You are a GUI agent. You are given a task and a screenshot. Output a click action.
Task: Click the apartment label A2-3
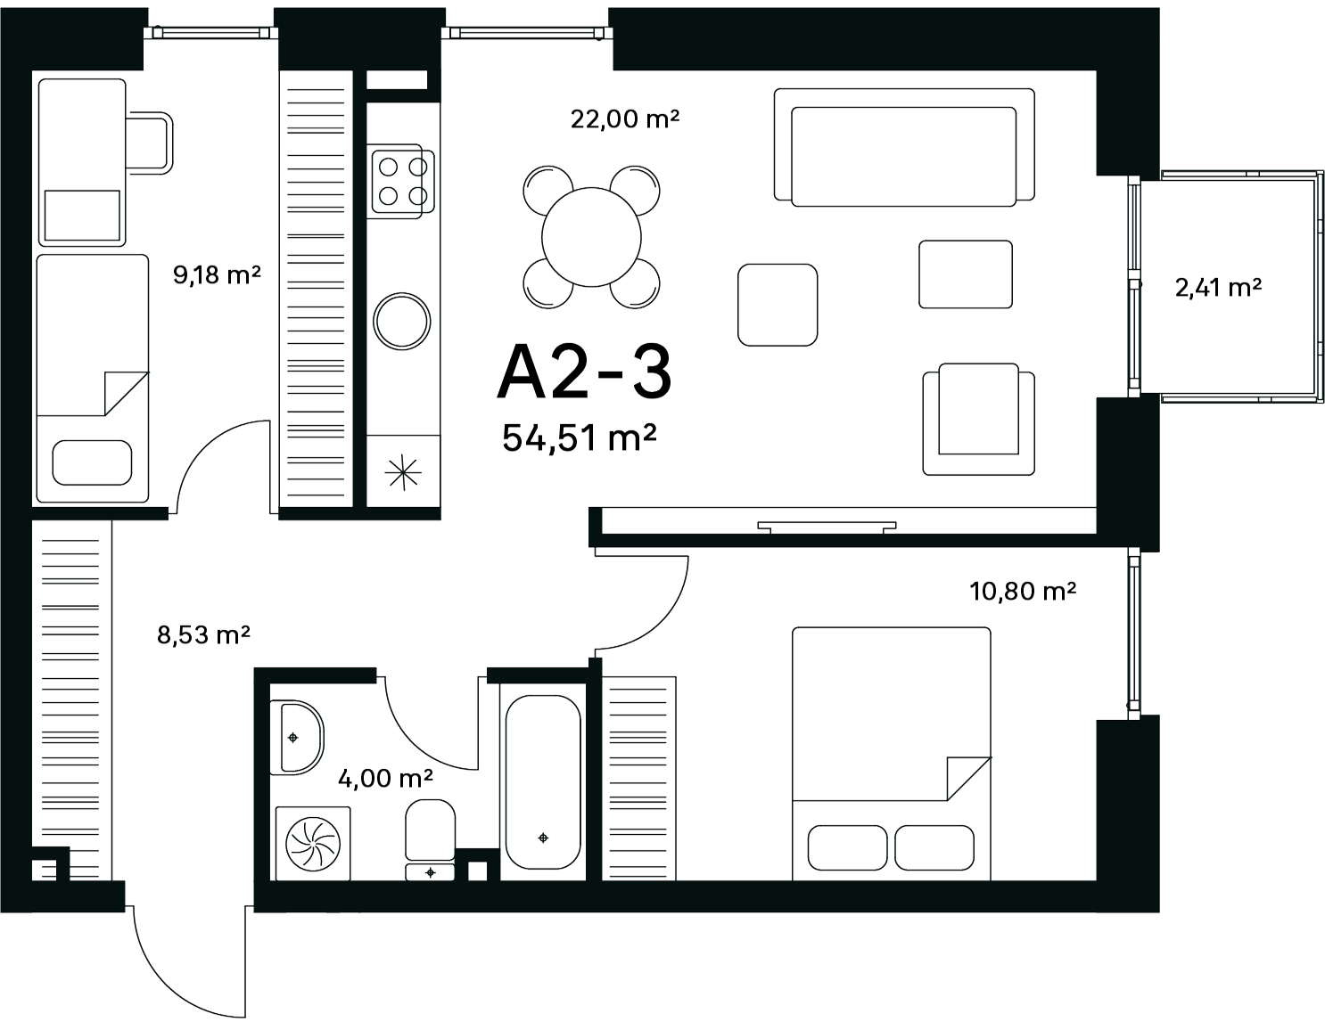tap(584, 372)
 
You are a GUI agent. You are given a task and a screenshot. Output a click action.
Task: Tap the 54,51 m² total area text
tap(580, 437)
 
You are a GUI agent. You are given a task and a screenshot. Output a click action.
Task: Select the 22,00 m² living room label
tap(625, 119)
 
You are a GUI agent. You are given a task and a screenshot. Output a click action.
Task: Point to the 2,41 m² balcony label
tap(1218, 288)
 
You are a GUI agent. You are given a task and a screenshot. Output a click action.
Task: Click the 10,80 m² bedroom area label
tap(1023, 590)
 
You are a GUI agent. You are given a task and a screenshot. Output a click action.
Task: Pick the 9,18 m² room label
tap(217, 274)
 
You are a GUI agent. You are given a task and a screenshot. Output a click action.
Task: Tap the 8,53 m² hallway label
tap(203, 634)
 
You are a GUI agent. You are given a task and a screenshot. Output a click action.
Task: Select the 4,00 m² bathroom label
tap(385, 778)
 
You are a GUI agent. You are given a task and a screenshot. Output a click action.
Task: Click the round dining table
tap(591, 237)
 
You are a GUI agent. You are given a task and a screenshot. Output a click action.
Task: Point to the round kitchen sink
tap(402, 321)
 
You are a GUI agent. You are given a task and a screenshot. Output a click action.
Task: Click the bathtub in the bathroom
tap(543, 782)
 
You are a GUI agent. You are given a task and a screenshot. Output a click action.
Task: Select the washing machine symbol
tap(313, 844)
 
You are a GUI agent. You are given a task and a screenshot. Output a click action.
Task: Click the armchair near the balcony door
tap(979, 419)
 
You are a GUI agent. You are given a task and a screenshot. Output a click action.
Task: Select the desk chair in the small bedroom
tap(150, 143)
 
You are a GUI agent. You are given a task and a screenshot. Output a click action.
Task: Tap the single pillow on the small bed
tap(92, 462)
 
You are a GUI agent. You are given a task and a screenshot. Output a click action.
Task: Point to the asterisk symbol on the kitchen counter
tap(403, 472)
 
